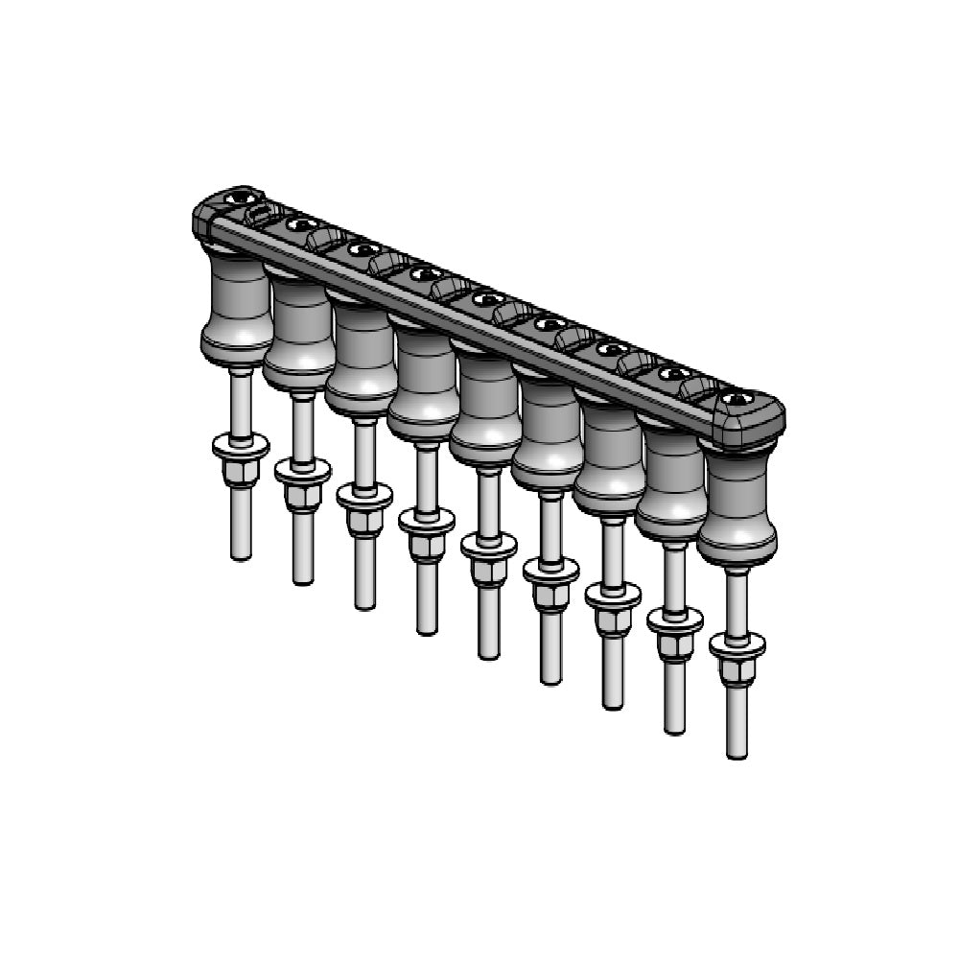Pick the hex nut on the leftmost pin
click(241, 472)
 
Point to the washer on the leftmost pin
click(241, 446)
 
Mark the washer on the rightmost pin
click(737, 645)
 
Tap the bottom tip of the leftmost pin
click(241, 554)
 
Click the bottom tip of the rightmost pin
click(737, 754)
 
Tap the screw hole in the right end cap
click(736, 398)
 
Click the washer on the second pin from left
click(302, 471)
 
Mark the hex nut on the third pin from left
click(364, 522)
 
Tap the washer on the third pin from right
click(613, 596)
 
